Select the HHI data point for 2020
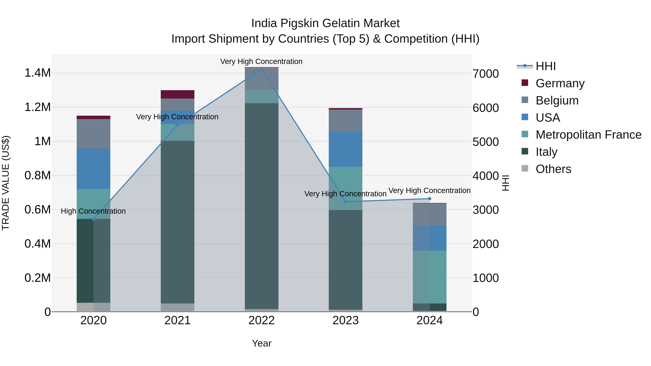coord(93,219)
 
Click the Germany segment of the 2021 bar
coord(177,94)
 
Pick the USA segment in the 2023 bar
coord(345,149)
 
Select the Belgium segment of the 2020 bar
coord(93,134)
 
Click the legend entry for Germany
coord(560,83)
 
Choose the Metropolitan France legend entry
coord(588,135)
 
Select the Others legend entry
coord(553,169)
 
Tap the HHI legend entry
coord(545,66)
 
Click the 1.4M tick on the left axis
coord(37,73)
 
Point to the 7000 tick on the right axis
coord(486,74)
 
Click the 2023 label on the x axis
coord(345,320)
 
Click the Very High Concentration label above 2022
coord(261,61)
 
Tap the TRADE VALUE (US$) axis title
coord(6,183)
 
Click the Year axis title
coord(261,343)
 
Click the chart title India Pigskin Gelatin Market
coord(325,23)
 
